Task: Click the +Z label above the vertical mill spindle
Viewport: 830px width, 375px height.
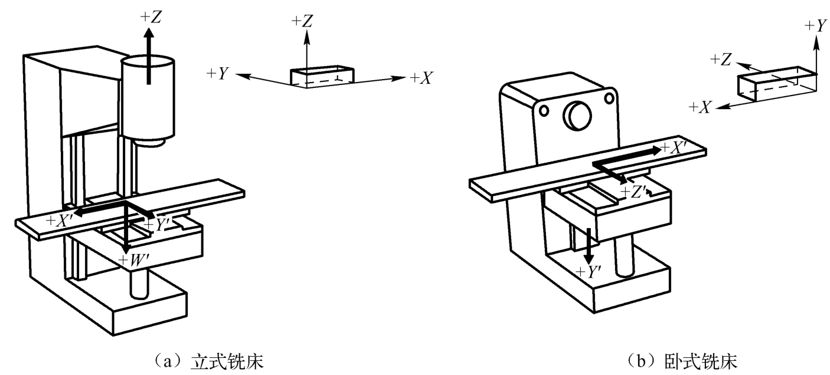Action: tap(151, 18)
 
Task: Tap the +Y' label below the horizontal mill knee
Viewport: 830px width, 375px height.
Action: tap(589, 272)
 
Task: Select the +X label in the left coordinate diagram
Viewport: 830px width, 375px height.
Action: tap(421, 77)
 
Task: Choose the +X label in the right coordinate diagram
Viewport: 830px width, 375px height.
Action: tap(701, 107)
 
